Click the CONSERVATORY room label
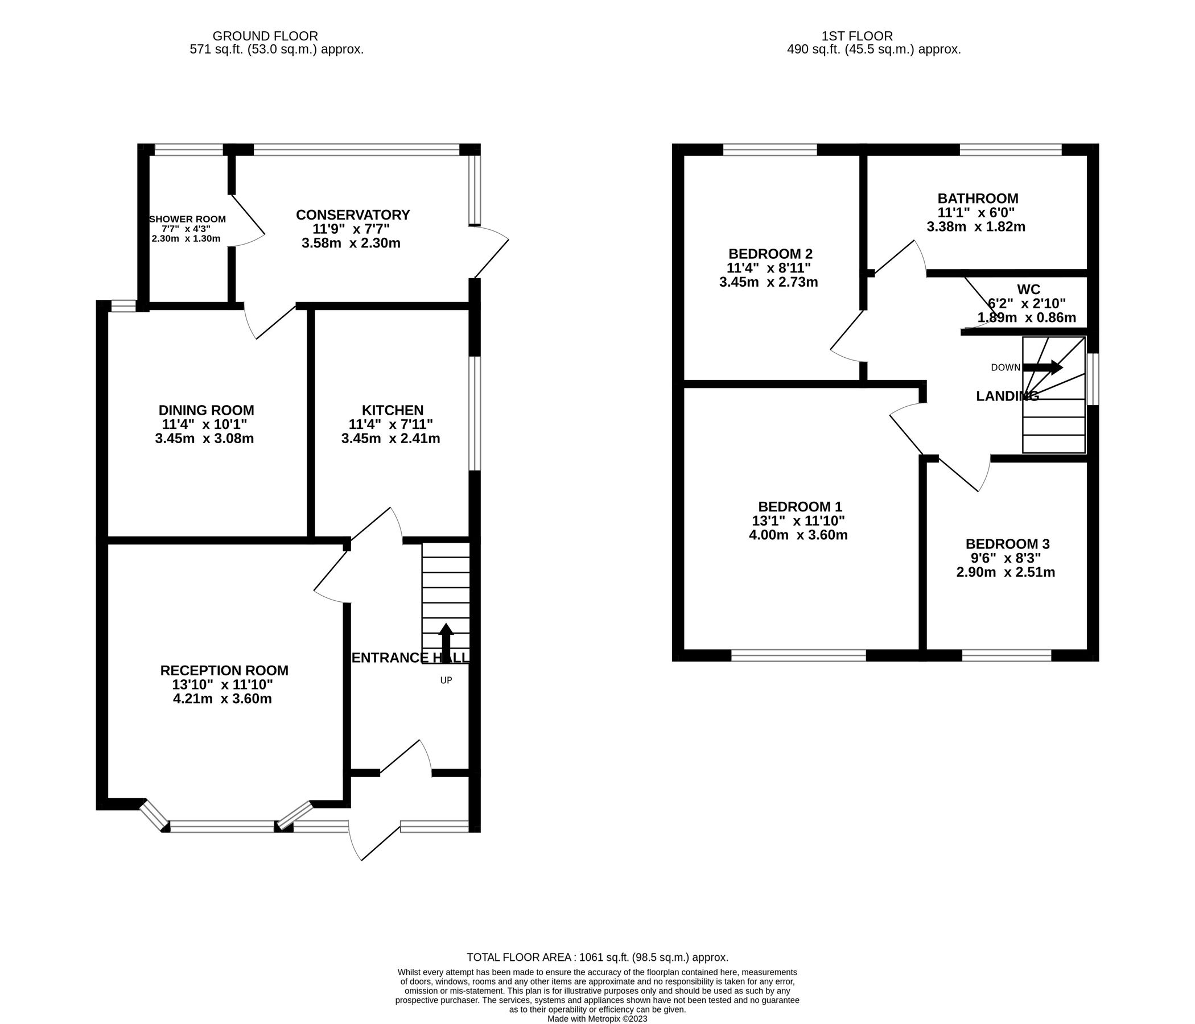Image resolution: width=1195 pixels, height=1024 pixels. (x=352, y=215)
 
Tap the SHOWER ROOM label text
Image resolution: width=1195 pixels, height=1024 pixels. (x=187, y=220)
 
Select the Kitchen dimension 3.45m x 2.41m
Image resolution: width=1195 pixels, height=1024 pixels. (x=390, y=439)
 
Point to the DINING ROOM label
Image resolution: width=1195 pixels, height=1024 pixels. (x=206, y=411)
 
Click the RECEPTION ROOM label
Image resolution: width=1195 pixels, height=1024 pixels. (x=224, y=671)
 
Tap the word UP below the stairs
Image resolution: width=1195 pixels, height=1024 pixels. (x=446, y=680)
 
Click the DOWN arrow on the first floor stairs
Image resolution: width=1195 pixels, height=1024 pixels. (x=1042, y=368)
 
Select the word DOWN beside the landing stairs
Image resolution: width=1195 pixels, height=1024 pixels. (x=1006, y=368)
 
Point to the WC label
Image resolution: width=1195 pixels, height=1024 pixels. (x=1028, y=290)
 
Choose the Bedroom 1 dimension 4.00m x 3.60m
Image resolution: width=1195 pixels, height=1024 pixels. (x=798, y=535)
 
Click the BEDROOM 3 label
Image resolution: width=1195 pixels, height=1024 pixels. (x=1007, y=544)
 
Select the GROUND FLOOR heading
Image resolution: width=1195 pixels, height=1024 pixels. (x=265, y=36)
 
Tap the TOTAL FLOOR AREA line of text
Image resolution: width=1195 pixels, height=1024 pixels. (x=597, y=957)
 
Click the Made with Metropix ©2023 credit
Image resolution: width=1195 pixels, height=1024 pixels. (x=597, y=1019)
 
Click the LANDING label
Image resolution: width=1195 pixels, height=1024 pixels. (x=1007, y=396)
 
